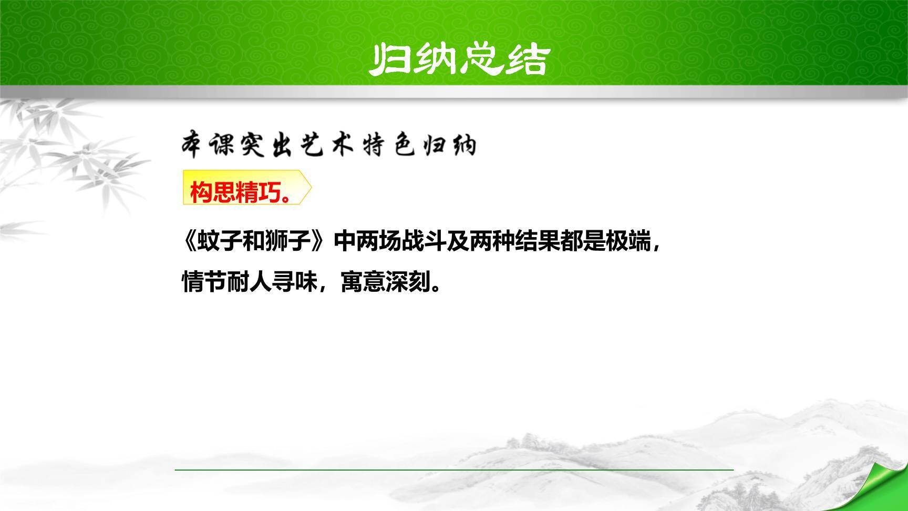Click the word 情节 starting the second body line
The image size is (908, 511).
point(204,282)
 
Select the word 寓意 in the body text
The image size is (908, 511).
point(363,282)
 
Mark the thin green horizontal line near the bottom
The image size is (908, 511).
point(454,469)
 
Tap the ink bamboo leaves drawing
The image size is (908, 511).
point(63,158)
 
